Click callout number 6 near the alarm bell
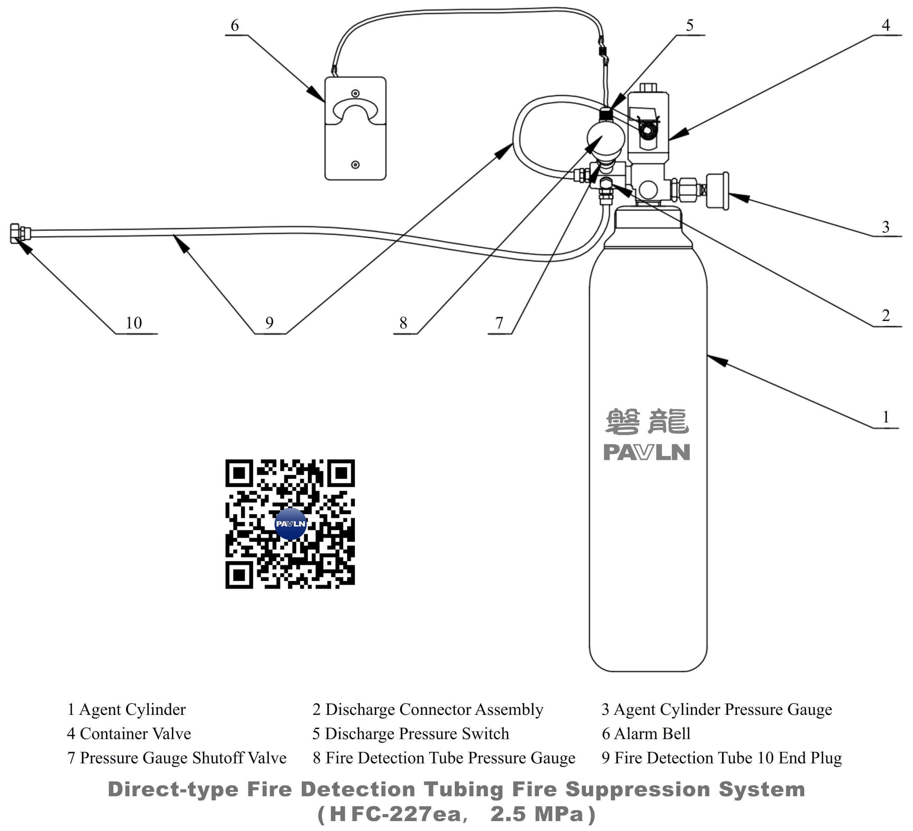[x=235, y=25]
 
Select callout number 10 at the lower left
[x=133, y=323]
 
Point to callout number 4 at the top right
[x=885, y=25]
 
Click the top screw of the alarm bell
[x=355, y=93]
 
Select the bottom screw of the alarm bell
[x=355, y=165]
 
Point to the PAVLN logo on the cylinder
[x=647, y=452]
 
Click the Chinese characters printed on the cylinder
[x=647, y=421]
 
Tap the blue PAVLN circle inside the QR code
[x=290, y=524]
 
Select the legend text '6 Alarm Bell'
[x=646, y=734]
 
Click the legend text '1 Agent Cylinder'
[x=126, y=709]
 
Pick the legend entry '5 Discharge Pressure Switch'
[x=410, y=734]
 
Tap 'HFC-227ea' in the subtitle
[x=395, y=814]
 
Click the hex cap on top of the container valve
[x=648, y=88]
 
